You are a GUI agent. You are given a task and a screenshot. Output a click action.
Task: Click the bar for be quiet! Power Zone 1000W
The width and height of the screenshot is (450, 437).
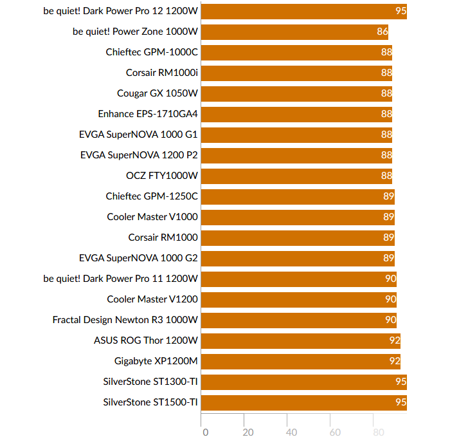coord(295,32)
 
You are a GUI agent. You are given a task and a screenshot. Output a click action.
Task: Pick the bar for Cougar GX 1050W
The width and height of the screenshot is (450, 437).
coord(297,93)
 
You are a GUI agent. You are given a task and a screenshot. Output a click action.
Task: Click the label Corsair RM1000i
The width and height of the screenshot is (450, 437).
coord(162,73)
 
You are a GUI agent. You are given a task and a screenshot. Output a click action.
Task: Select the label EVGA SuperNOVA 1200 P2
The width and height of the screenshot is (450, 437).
coord(139,155)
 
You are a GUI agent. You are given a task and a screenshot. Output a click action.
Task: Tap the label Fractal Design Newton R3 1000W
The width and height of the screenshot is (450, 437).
coord(125,320)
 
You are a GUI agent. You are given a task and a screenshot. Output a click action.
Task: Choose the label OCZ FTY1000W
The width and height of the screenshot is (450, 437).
coord(162,176)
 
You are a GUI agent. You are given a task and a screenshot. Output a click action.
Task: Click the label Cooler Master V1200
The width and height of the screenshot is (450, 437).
coord(152,299)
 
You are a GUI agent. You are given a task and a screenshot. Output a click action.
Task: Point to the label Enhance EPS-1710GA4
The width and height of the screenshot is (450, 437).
coord(148,114)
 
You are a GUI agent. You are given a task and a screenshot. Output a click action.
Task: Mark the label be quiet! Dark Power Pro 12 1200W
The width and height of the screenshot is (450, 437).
coord(121,11)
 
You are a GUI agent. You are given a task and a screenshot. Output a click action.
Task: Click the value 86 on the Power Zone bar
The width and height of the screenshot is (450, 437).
coord(382,32)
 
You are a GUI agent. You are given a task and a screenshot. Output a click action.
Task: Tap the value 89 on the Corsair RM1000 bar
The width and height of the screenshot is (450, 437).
coord(388,237)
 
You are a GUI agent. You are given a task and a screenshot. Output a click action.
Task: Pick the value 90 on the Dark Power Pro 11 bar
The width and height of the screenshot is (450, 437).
coord(390,279)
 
